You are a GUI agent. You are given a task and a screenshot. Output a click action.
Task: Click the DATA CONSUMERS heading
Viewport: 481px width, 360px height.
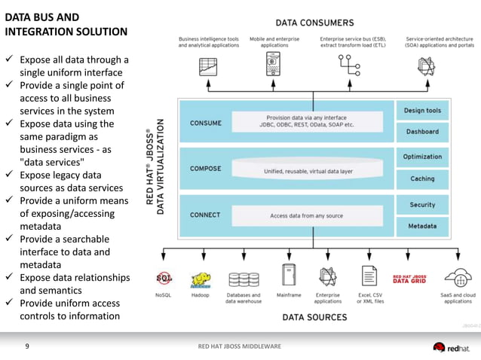pyautogui.click(x=314, y=23)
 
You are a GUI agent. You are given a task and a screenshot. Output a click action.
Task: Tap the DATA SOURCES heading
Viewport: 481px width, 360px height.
pyautogui.click(x=314, y=318)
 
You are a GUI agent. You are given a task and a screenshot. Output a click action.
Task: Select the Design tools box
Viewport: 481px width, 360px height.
pyautogui.click(x=422, y=111)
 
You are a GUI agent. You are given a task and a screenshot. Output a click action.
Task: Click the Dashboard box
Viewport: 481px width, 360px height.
pyautogui.click(x=422, y=132)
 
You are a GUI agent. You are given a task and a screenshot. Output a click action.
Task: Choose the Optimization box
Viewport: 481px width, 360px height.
pyautogui.click(x=422, y=157)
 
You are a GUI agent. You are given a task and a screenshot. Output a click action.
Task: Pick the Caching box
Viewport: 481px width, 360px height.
pyautogui.click(x=422, y=178)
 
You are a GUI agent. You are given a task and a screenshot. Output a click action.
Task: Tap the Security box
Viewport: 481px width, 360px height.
pyautogui.click(x=422, y=204)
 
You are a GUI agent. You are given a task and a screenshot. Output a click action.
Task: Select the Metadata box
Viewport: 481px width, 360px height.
pyautogui.click(x=422, y=226)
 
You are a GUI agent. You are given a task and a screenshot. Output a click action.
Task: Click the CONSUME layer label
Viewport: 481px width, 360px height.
pyautogui.click(x=206, y=123)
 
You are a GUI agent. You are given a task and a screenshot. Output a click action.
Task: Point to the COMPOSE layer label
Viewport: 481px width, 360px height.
pyautogui.click(x=206, y=169)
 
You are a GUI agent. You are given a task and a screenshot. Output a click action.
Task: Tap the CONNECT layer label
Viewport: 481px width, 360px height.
pyautogui.click(x=205, y=215)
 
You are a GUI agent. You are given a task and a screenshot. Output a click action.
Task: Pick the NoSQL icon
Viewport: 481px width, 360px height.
pyautogui.click(x=164, y=278)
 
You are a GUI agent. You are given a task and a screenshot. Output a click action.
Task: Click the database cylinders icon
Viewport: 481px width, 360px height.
pyautogui.click(x=244, y=279)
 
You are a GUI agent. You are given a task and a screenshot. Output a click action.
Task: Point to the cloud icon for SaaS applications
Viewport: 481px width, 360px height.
pyautogui.click(x=458, y=278)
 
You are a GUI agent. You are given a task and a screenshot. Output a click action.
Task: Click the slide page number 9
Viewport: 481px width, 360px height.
pyautogui.click(x=27, y=346)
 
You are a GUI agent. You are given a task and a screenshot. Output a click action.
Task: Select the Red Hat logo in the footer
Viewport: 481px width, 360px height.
pyautogui.click(x=450, y=347)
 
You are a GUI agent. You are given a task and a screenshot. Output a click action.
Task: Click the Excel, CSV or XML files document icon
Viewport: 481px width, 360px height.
pyautogui.click(x=369, y=276)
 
